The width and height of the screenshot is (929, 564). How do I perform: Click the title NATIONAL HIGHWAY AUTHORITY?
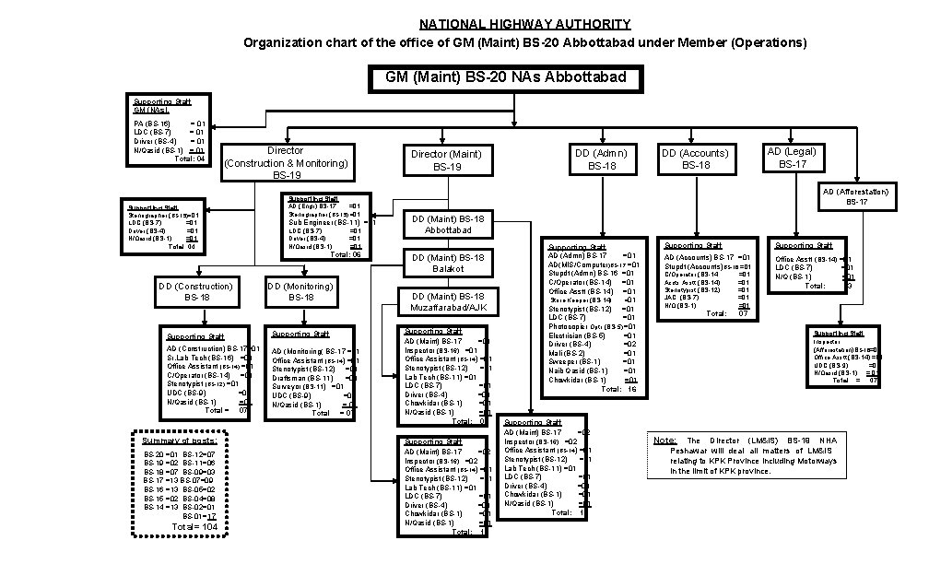524,24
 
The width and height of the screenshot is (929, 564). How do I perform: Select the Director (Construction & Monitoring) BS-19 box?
286,162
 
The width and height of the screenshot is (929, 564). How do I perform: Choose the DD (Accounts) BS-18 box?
695,159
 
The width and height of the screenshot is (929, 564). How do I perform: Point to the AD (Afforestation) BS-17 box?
856,195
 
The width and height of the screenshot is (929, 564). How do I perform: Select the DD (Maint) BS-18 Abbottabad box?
449,224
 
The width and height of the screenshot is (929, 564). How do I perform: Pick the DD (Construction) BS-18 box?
197,291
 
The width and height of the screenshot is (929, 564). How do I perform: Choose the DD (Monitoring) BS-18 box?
301,291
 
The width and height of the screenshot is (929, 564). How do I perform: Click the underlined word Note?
664,441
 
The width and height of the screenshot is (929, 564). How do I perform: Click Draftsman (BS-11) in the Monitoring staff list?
303,378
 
